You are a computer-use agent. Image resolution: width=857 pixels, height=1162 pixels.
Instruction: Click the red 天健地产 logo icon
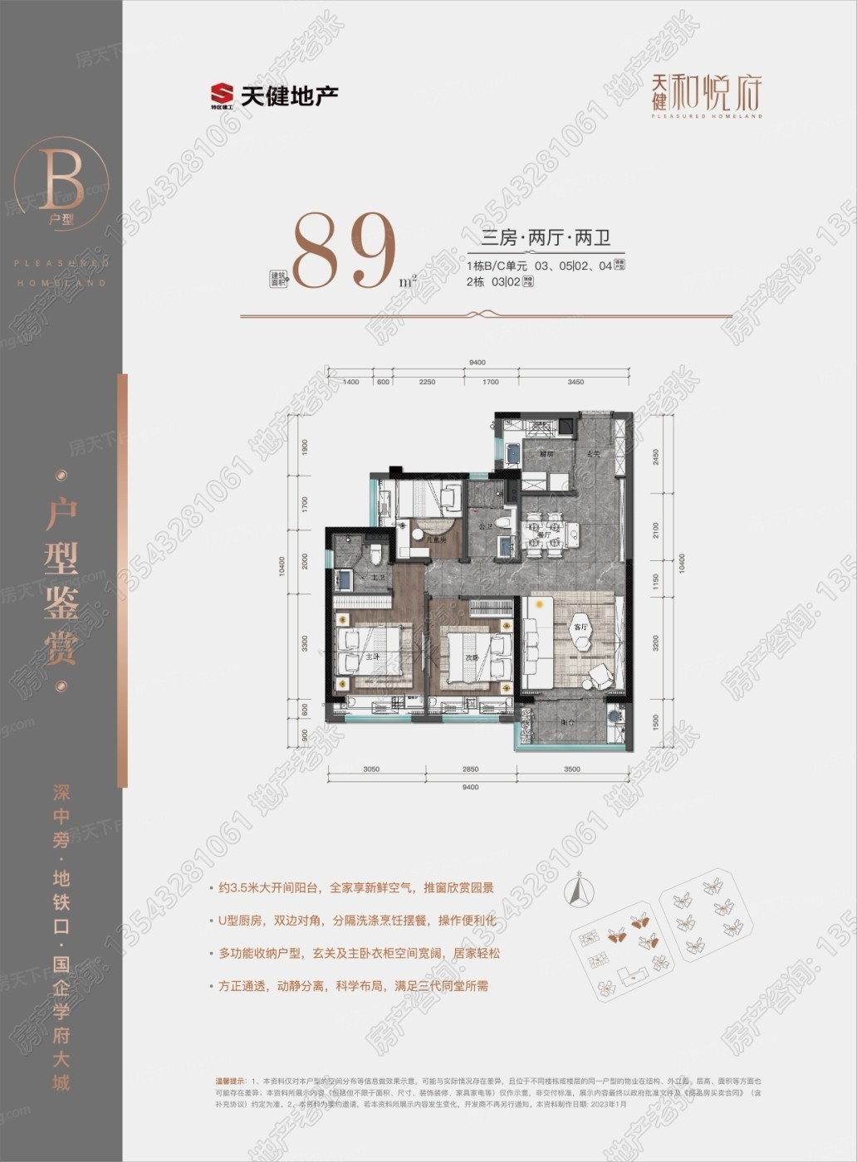click(221, 95)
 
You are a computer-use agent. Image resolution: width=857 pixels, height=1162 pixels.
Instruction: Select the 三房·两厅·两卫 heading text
click(546, 238)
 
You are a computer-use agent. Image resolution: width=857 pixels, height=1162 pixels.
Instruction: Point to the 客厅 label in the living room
click(579, 627)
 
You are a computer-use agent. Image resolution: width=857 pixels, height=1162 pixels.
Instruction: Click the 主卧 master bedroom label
click(372, 654)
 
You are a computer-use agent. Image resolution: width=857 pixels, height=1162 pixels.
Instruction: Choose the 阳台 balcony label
click(568, 723)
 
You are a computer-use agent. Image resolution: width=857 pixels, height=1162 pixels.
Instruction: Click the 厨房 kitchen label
click(545, 455)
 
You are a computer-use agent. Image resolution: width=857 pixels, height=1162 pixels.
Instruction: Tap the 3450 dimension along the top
click(575, 383)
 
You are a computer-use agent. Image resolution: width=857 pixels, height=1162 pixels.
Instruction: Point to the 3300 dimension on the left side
click(305, 642)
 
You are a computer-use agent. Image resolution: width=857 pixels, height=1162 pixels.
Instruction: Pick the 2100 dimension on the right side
click(654, 529)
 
